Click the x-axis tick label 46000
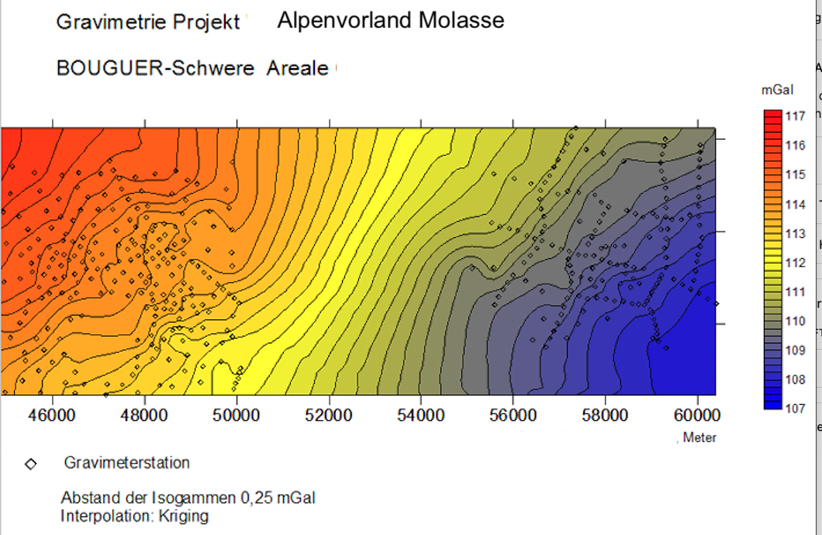point(53,416)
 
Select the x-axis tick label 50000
point(237,416)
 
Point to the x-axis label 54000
point(421,416)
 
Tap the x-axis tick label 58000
point(605,416)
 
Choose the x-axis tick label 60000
point(697,416)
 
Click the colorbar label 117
point(796,116)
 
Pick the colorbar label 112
point(796,263)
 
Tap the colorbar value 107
point(796,408)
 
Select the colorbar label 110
point(796,321)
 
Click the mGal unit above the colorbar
point(778,90)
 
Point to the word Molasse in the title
point(461,20)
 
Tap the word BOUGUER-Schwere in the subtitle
point(155,68)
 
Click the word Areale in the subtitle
point(297,68)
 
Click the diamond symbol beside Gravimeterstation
point(31,464)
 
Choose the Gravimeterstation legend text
point(127,463)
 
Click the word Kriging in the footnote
point(184,516)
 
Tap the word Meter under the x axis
point(699,437)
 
